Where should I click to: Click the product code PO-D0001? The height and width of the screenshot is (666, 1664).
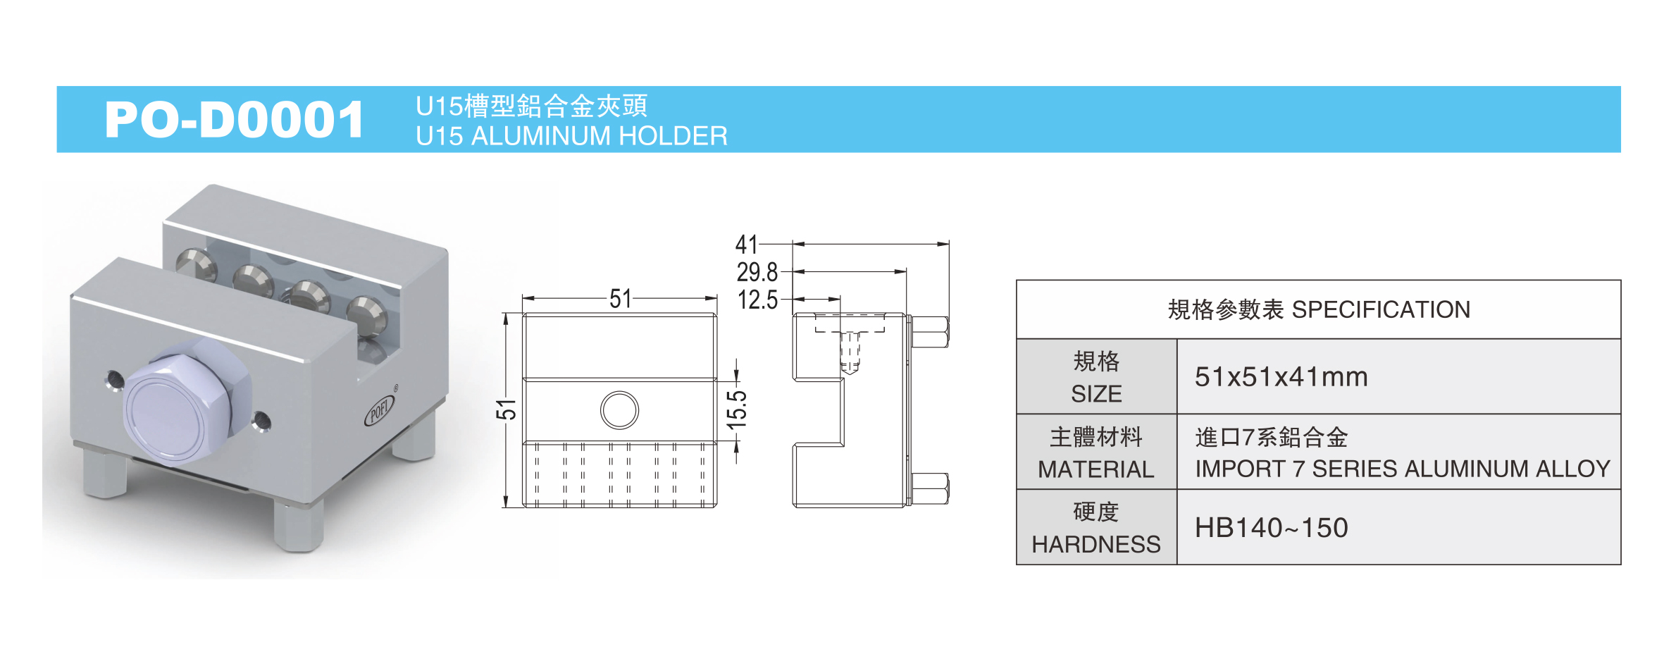tap(234, 120)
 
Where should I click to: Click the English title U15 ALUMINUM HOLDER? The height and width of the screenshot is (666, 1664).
tap(571, 136)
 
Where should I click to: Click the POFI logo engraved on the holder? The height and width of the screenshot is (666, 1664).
tap(380, 410)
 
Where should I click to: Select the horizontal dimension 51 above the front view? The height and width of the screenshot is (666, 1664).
tap(620, 299)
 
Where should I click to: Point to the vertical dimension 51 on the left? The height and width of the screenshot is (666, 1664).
tap(507, 409)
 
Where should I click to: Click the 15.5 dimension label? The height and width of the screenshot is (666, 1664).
tap(737, 409)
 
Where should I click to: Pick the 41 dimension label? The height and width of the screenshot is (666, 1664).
tap(746, 245)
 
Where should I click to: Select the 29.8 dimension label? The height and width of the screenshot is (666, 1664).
tap(757, 272)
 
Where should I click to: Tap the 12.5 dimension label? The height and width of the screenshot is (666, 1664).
tap(757, 300)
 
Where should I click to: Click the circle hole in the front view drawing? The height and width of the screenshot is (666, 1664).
tap(619, 410)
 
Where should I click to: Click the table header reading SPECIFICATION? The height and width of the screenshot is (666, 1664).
tap(1318, 310)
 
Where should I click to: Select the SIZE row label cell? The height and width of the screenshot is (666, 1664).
tap(1096, 377)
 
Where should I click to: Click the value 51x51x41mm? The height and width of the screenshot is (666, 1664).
tap(1281, 377)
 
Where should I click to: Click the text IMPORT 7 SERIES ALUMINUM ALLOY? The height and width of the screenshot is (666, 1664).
tap(1402, 469)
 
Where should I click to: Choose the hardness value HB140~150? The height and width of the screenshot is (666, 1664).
tap(1271, 528)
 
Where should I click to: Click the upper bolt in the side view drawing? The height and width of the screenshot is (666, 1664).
tap(930, 332)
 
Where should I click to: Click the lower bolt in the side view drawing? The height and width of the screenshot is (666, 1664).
tap(930, 488)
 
